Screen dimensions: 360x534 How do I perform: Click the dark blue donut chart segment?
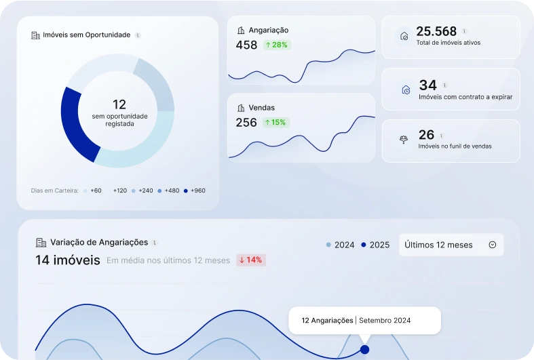(73, 125)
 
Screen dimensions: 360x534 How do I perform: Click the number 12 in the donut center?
(119, 104)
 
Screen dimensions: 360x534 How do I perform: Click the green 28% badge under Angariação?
(276, 45)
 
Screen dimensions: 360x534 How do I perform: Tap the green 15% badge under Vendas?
(275, 123)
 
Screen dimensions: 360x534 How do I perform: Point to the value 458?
(246, 45)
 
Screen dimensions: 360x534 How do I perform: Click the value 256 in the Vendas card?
(246, 123)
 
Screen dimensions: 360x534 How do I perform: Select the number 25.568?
(436, 31)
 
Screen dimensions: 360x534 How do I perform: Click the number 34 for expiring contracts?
(427, 85)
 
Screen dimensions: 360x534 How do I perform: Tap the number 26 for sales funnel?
(426, 135)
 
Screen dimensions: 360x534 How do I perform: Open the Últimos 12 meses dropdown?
(451, 245)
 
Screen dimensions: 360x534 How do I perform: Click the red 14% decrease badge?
(250, 260)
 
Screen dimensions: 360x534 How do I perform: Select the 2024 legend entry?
(340, 245)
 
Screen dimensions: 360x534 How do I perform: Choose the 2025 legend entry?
(375, 245)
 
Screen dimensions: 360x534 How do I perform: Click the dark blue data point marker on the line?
(364, 350)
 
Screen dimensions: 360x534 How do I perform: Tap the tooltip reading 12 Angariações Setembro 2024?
(364, 320)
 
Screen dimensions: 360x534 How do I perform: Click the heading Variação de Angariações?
(98, 242)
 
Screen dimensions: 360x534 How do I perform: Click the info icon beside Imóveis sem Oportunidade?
(138, 35)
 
